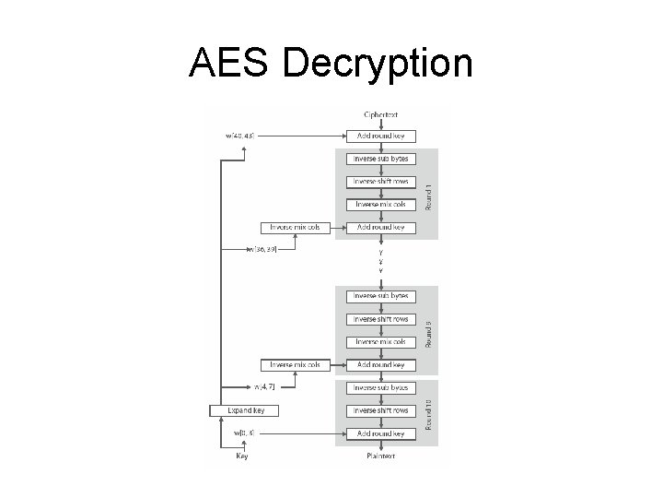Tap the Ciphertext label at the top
click(380, 114)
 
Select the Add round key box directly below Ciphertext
click(380, 136)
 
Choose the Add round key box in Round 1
click(380, 227)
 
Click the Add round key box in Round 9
click(380, 365)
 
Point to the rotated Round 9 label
click(428, 332)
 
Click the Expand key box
click(244, 409)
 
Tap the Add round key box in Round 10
click(380, 433)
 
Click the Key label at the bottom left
click(242, 456)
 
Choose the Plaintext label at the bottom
click(380, 456)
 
